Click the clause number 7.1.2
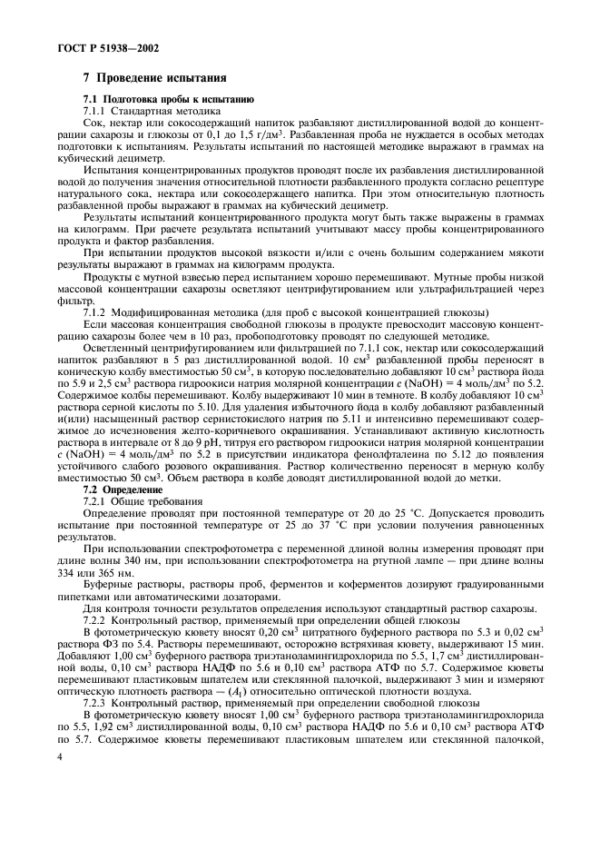(97, 312)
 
